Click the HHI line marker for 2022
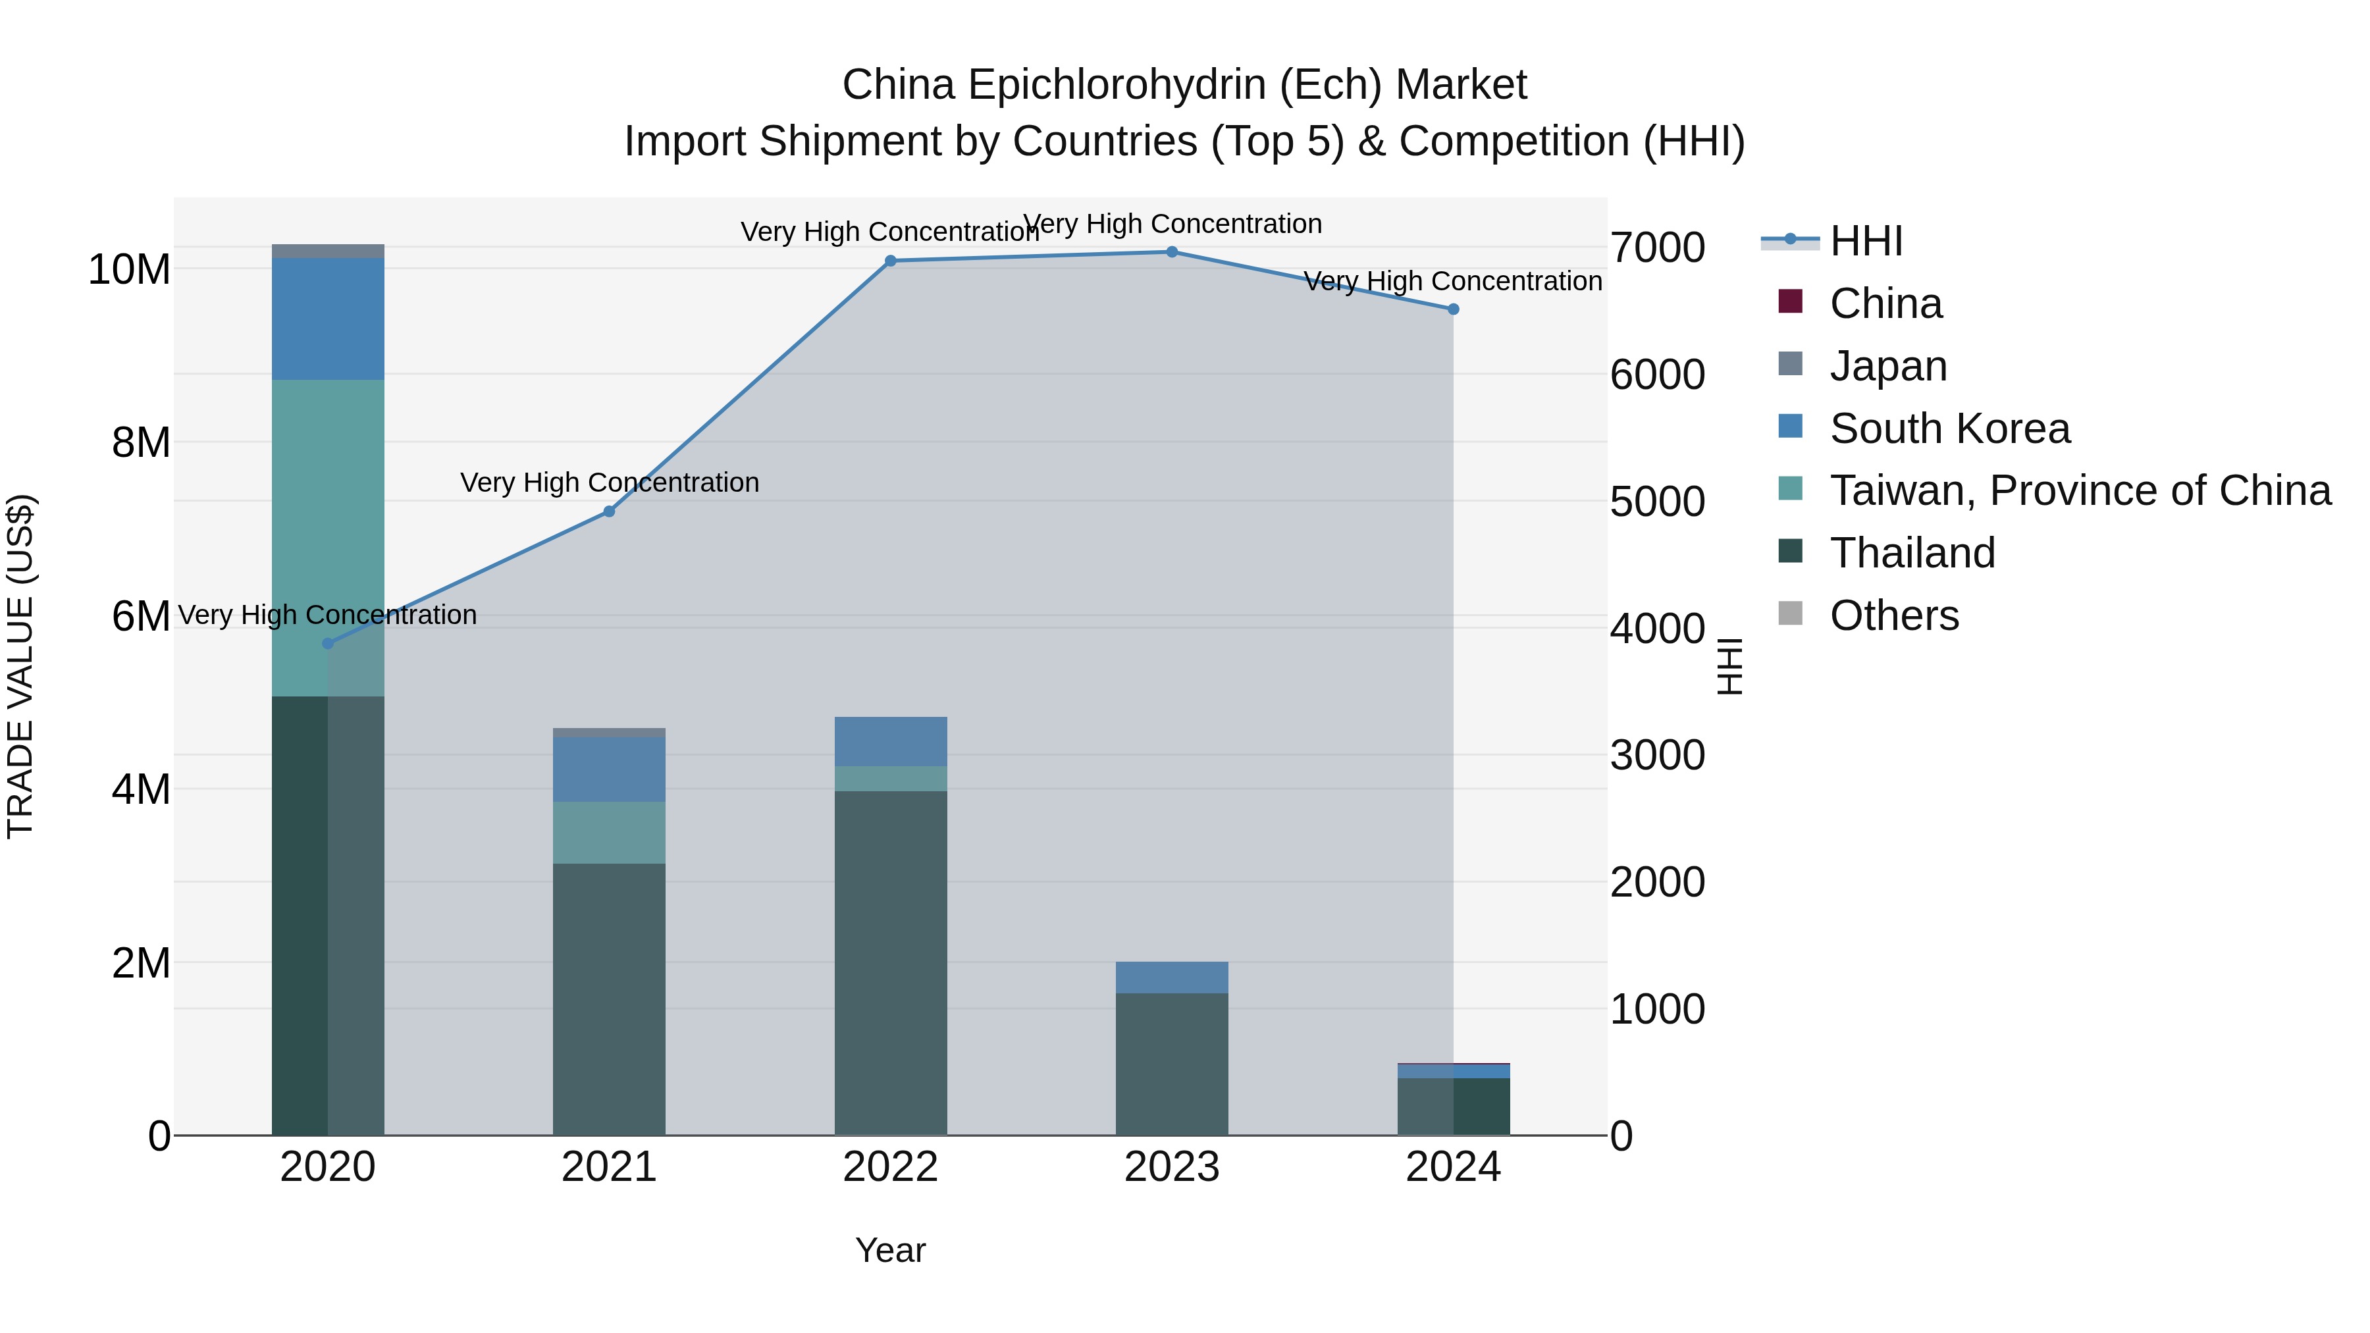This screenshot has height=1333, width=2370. click(889, 261)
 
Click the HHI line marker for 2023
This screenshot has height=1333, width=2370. click(1171, 251)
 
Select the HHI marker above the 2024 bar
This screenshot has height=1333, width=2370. click(1453, 309)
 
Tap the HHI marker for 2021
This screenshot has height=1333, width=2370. click(608, 511)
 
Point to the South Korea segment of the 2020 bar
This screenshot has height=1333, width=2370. click(328, 319)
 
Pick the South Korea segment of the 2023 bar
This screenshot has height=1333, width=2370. click(1171, 977)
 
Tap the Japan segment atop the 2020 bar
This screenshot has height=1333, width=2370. click(328, 251)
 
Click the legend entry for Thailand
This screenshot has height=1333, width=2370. click(1912, 553)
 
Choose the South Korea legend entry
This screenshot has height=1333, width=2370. click(1949, 429)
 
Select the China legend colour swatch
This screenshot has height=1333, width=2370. click(1789, 301)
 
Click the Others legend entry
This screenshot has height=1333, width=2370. click(1893, 615)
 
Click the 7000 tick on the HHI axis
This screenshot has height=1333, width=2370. click(1657, 248)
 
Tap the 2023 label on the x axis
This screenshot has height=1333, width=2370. click(1171, 1167)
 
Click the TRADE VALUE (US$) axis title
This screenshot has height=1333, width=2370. click(20, 666)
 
